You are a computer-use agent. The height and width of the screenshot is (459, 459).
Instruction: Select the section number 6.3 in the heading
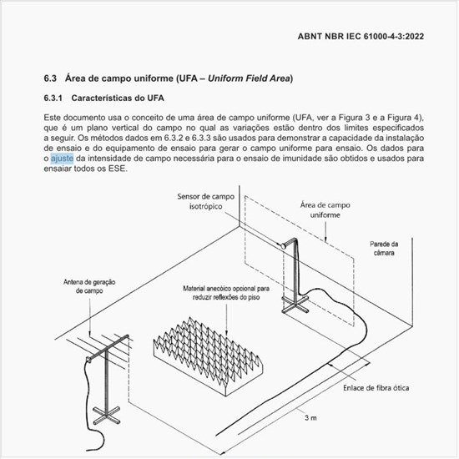[x=50, y=78]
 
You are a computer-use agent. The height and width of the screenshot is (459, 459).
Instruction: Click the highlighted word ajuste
[x=63, y=159]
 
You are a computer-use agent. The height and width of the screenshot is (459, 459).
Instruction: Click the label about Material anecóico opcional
[x=221, y=293]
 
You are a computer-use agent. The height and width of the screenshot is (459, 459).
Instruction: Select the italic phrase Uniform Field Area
[x=247, y=78]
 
